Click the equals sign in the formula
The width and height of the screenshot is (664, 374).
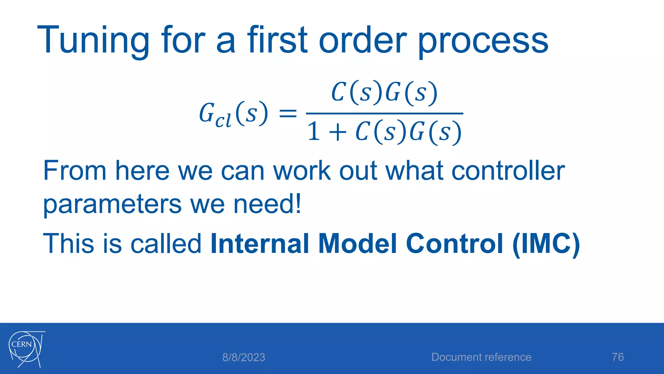288,114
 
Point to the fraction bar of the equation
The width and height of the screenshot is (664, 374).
385,113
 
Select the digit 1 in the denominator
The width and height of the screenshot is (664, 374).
314,132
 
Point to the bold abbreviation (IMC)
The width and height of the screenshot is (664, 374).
546,244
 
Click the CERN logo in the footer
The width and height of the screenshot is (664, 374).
26,349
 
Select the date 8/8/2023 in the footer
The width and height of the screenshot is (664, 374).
243,357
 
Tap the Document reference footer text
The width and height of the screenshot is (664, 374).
481,357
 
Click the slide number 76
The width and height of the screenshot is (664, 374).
618,357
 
